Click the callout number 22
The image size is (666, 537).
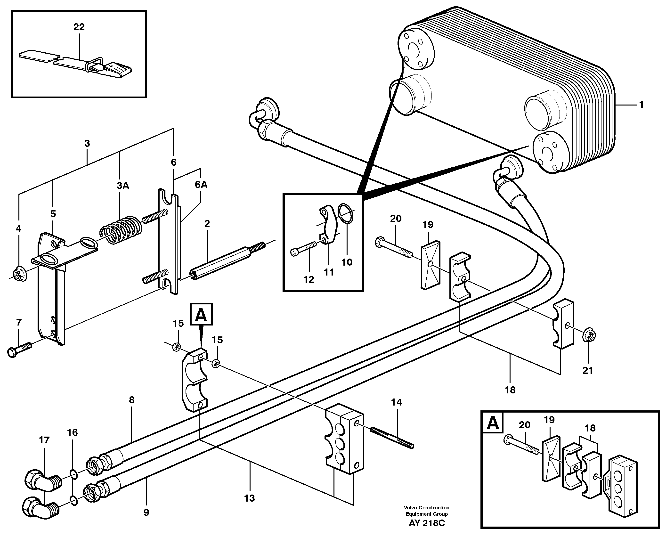(79, 27)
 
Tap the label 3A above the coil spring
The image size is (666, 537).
(122, 186)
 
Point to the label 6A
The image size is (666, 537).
(201, 185)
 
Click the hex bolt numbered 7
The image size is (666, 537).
(19, 349)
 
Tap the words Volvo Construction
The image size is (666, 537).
(426, 508)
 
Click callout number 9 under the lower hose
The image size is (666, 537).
(146, 512)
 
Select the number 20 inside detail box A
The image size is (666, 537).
(525, 425)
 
